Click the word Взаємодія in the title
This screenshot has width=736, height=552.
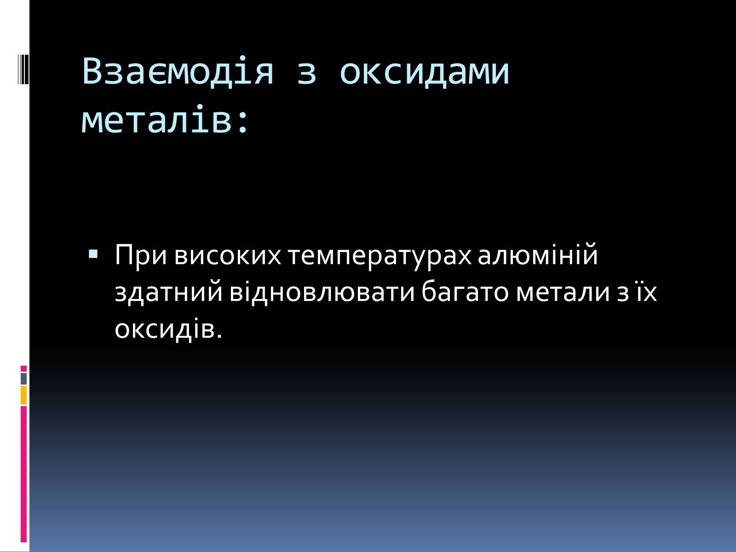click(178, 71)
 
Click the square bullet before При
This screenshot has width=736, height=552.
click(93, 254)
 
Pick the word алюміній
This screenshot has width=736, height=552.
click(538, 254)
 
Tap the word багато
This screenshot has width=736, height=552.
click(465, 291)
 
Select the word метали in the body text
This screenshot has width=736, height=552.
click(563, 292)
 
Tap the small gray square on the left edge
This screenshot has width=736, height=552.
click(23, 379)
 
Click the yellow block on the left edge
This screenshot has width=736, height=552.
click(23, 395)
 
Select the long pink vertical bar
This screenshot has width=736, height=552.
click(23, 474)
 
